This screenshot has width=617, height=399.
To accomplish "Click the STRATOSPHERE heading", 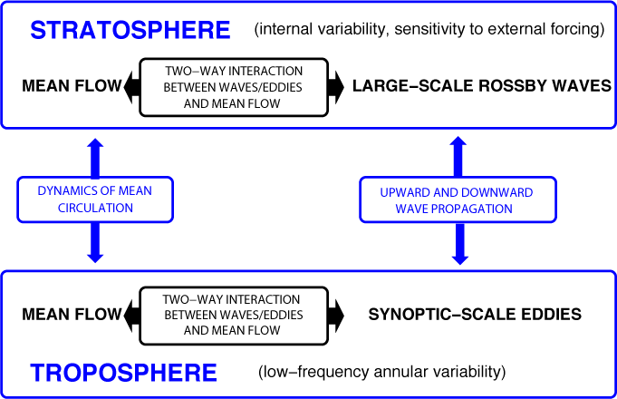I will pos(130,30).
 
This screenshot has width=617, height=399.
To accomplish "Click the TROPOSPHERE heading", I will pos(123,373).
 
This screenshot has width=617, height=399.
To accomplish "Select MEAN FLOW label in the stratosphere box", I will pos(71,87).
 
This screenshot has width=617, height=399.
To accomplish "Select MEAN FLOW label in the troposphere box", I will pos(71,315).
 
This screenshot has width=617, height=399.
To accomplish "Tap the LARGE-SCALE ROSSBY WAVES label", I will pos(481,87).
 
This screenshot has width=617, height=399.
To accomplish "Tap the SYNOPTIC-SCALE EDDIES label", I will pos(475,315).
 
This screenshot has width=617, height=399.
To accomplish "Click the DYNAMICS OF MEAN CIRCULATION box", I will pos(94,199).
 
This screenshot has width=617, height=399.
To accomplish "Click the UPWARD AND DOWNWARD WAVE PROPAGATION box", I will pos(458,200).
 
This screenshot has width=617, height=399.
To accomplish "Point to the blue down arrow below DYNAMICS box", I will pos(94,244).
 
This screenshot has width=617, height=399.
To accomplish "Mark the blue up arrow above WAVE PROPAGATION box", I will pos(458,155).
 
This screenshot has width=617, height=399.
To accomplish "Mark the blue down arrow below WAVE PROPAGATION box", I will pos(459,245).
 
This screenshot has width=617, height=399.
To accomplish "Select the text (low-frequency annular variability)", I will pos(381,373).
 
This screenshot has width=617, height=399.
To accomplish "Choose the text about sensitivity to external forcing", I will pos(429,30).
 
